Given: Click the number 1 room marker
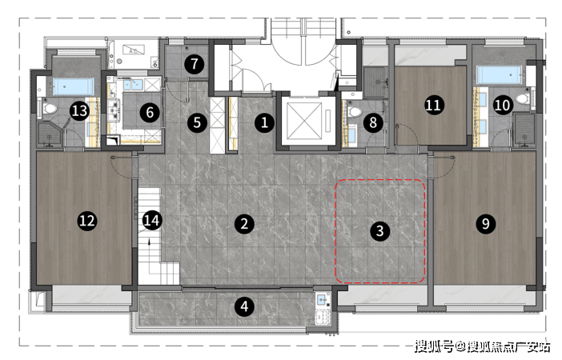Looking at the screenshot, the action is [x=264, y=123].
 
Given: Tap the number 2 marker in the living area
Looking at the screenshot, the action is [x=244, y=224].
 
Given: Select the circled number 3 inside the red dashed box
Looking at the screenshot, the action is [x=380, y=231].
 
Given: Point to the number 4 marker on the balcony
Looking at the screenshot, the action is [x=244, y=306].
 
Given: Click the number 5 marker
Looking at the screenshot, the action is [x=197, y=123].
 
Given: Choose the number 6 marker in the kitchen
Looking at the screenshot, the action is [x=150, y=113].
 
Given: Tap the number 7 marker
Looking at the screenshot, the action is [x=195, y=64].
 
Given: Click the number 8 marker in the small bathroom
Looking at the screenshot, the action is [x=373, y=123].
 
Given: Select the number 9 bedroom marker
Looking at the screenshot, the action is [x=486, y=224].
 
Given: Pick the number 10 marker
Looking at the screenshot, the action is [x=503, y=106].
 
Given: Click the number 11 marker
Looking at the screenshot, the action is [x=435, y=106].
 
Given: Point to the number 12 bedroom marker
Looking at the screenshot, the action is [x=87, y=221].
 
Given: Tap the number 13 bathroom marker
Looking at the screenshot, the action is [x=79, y=110].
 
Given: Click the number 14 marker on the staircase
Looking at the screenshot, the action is [x=152, y=221].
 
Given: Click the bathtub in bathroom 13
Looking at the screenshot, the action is [x=74, y=86].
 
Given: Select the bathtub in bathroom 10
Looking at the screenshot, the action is [x=500, y=75].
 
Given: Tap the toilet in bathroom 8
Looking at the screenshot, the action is [x=354, y=111].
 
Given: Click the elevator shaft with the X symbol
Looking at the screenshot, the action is [x=304, y=121].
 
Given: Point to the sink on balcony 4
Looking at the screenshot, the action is [x=322, y=299].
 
